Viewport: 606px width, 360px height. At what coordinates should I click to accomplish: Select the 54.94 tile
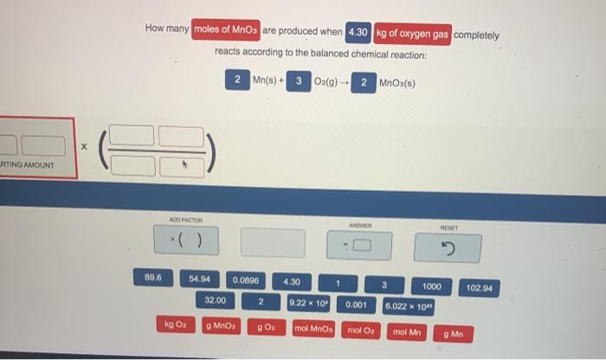coord(200,280)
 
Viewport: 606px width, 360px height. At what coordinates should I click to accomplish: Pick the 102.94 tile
coord(479,287)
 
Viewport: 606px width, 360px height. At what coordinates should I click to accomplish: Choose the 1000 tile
coord(431,286)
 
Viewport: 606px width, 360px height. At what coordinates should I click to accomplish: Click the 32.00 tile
coord(215,300)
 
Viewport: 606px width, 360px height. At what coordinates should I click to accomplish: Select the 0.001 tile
coord(357,305)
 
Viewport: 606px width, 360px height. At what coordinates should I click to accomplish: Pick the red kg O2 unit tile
coord(176,325)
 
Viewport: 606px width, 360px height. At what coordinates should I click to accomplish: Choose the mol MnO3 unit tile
coord(313,330)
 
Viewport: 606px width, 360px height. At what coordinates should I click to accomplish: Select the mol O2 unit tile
coord(360,331)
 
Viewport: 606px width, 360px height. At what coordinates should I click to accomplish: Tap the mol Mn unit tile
coord(406,331)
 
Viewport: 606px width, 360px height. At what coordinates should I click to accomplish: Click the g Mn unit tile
coord(454,333)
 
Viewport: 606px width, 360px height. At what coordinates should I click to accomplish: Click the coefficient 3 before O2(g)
coord(299,81)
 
